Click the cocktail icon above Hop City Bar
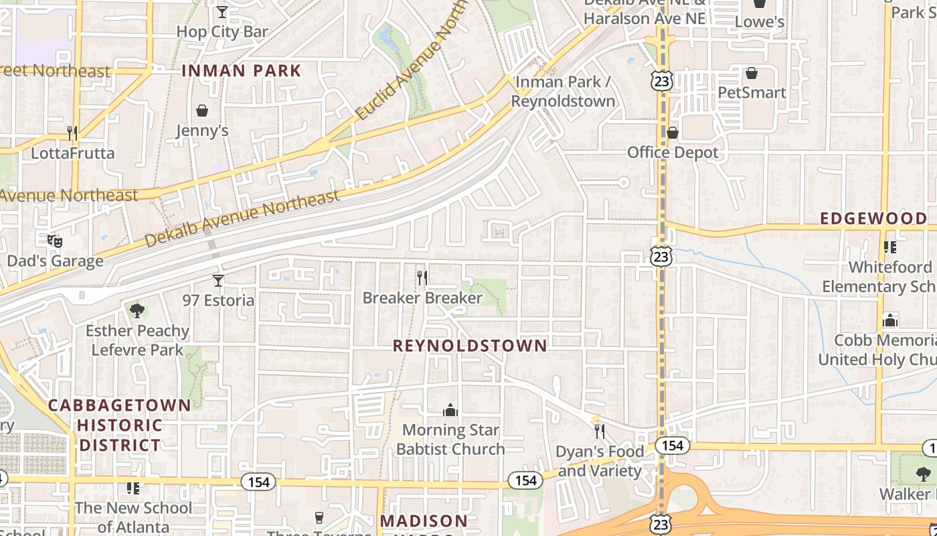pos(222,11)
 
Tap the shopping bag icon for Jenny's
pos(202,110)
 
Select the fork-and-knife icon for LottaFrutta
pos(72,133)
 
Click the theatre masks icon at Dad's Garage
pos(55,240)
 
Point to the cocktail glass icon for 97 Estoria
pos(218,280)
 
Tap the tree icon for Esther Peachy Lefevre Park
pos(137,310)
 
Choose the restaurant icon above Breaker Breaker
pos(422,277)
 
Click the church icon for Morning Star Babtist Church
pos(450,409)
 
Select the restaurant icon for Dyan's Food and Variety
pos(600,431)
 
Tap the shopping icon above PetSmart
pos(752,72)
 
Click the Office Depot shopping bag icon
pos(673,133)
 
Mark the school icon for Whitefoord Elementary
pos(890,247)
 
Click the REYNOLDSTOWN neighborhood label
pos(470,346)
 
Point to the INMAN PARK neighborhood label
pos(242,70)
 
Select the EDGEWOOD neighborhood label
pos(873,218)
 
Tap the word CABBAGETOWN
pos(120,405)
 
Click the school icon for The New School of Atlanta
pos(133,488)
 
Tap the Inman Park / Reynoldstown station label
pos(563,92)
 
